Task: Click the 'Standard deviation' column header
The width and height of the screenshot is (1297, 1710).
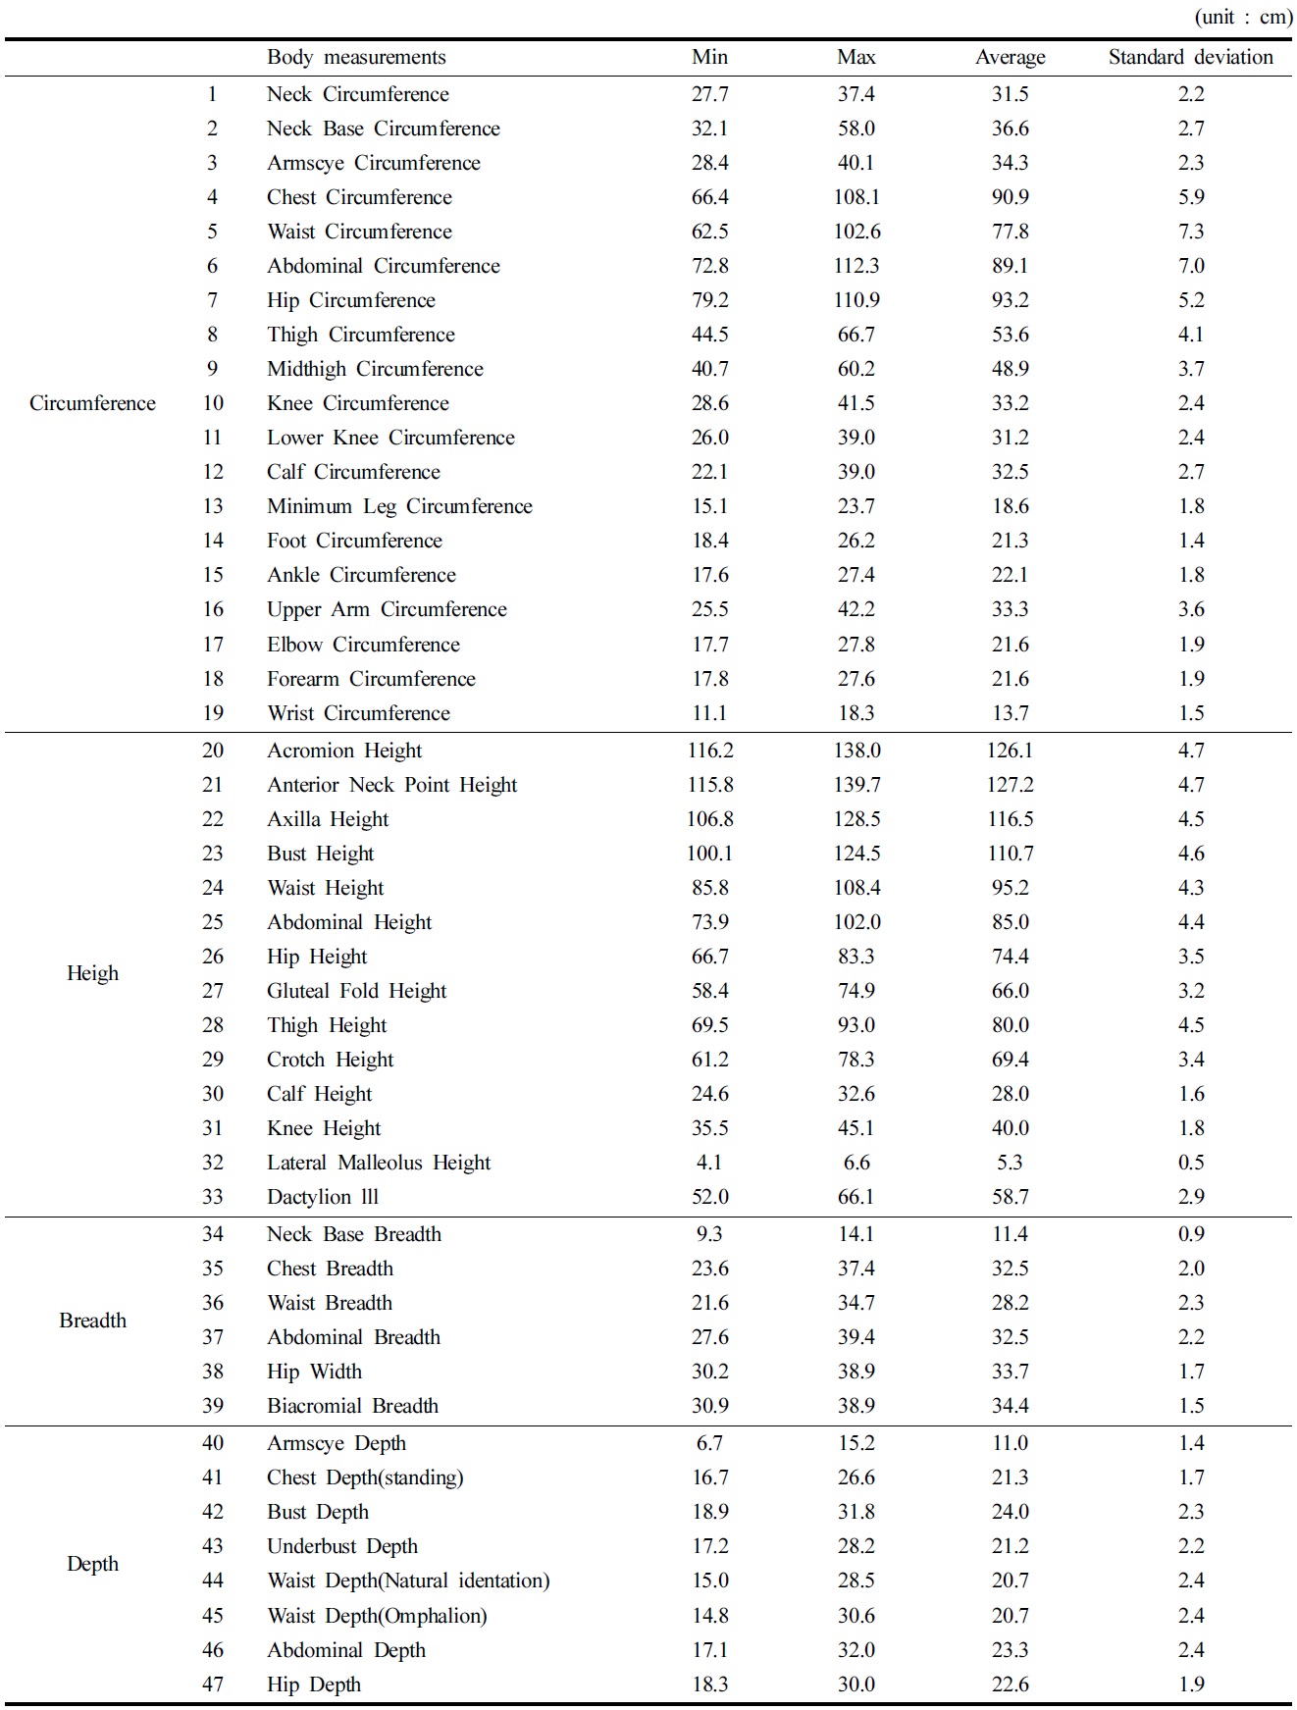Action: pyautogui.click(x=1190, y=58)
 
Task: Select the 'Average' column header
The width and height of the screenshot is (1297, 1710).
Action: pyautogui.click(x=1010, y=58)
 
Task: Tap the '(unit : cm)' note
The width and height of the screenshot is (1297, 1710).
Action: pyautogui.click(x=1243, y=17)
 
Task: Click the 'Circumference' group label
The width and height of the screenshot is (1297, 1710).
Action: pyautogui.click(x=92, y=403)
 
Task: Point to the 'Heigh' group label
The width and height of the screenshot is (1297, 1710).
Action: pyautogui.click(x=92, y=973)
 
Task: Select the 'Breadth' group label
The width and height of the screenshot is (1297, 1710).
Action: pyautogui.click(x=92, y=1321)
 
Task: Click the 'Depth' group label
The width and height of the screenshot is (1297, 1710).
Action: pyautogui.click(x=92, y=1564)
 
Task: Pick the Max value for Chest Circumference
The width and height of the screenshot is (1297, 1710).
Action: pyautogui.click(x=856, y=197)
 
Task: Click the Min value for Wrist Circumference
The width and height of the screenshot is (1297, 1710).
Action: pyautogui.click(x=709, y=713)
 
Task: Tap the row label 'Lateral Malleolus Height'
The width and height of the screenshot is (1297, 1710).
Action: pyautogui.click(x=379, y=1163)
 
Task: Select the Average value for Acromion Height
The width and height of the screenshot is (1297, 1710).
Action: pyautogui.click(x=1010, y=751)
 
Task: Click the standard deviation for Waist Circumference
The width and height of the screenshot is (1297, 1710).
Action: pyautogui.click(x=1190, y=232)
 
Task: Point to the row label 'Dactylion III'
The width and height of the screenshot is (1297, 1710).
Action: pyautogui.click(x=323, y=1197)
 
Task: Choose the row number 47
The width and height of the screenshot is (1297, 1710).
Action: pyautogui.click(x=213, y=1684)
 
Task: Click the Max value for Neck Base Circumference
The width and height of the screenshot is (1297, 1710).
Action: pyautogui.click(x=856, y=129)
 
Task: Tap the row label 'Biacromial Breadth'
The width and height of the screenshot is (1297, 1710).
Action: pyautogui.click(x=352, y=1406)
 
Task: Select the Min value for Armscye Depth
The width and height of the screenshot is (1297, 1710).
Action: pyautogui.click(x=709, y=1443)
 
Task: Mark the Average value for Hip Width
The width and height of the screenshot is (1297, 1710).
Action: pyautogui.click(x=1010, y=1372)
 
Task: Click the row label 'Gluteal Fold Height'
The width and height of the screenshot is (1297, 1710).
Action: pyautogui.click(x=356, y=991)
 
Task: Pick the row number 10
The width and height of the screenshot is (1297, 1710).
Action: pyautogui.click(x=213, y=403)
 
